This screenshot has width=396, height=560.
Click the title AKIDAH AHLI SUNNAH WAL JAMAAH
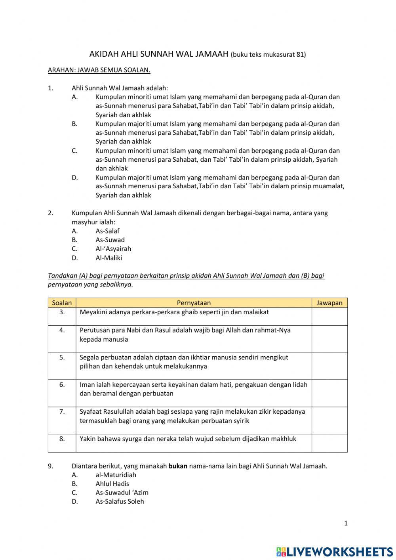[159, 54]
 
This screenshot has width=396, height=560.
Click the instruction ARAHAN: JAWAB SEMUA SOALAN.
[99, 70]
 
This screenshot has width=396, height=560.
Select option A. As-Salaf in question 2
[107, 231]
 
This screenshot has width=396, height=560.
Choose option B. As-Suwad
[110, 240]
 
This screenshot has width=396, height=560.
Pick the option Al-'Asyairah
[113, 249]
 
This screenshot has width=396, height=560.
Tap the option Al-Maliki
[109, 258]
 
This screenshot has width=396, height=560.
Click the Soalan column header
[62, 303]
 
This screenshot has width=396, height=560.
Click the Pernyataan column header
[194, 303]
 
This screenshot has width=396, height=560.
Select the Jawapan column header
[329, 303]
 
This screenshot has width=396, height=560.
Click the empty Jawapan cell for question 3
[329, 316]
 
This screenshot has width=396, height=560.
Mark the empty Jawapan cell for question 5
[329, 366]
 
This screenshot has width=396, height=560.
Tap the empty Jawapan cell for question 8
[329, 443]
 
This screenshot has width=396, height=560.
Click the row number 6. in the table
[62, 384]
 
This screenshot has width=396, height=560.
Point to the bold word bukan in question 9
[178, 466]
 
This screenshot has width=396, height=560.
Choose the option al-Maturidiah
[116, 475]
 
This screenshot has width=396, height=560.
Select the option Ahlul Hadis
[112, 484]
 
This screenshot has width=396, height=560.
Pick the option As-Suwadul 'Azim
[122, 493]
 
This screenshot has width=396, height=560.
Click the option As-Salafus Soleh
[120, 501]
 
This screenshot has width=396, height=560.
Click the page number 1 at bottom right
[346, 523]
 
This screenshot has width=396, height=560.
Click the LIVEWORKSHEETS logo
[335, 551]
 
